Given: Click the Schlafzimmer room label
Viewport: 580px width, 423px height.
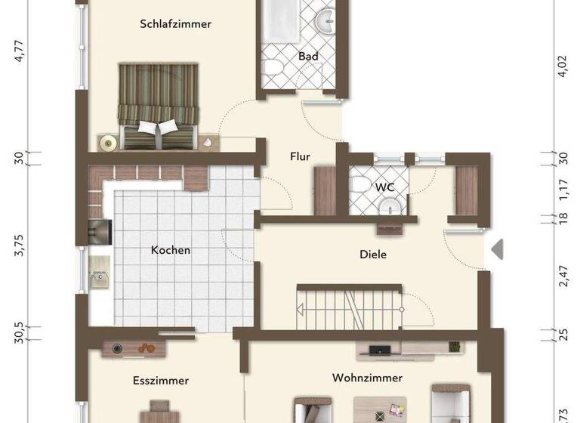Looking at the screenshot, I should (175, 23).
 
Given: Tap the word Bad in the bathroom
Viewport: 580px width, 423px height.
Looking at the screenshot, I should (307, 56).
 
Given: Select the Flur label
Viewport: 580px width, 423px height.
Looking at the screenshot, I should (301, 157).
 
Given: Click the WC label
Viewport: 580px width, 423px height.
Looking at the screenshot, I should (384, 187).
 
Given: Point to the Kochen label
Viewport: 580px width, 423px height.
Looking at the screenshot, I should (171, 250).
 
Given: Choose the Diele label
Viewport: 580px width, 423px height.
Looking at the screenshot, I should (372, 255).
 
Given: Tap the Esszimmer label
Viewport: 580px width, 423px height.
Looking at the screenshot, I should (160, 381).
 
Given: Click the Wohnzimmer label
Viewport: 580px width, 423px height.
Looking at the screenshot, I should (367, 378).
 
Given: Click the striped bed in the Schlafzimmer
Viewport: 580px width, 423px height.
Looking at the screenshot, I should (158, 106).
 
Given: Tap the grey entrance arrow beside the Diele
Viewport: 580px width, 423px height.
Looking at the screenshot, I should (497, 250).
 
